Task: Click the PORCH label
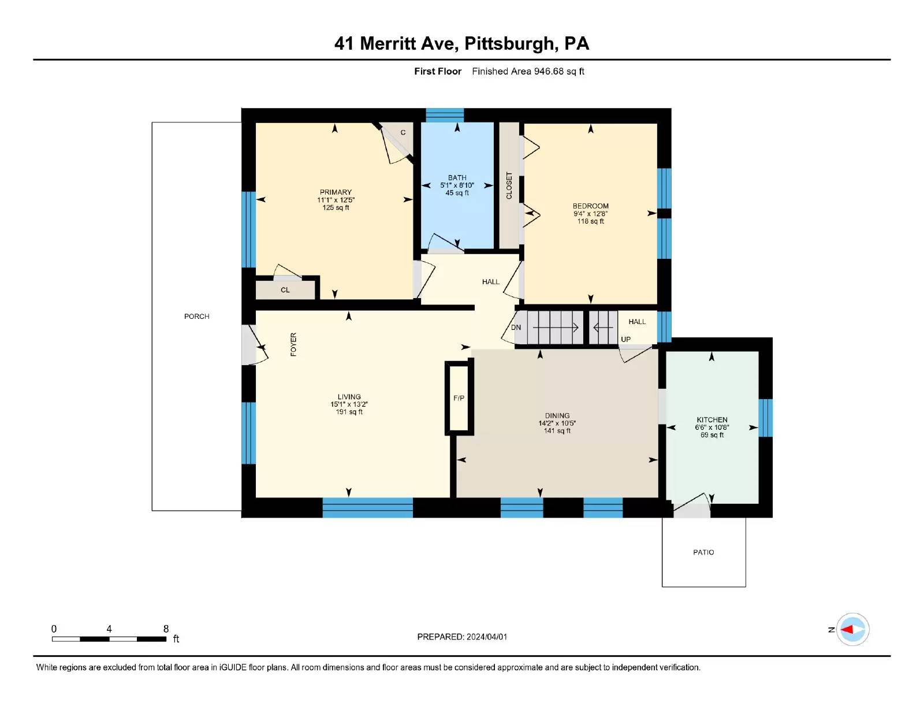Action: (196, 317)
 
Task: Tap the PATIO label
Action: (703, 552)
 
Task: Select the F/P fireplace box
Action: (459, 399)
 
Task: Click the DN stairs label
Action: (516, 328)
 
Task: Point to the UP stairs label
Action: (625, 339)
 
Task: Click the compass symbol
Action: (852, 630)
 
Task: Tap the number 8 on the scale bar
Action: (166, 629)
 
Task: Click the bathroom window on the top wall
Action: (444, 115)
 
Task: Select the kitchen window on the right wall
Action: (765, 418)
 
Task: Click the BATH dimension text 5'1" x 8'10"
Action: (457, 185)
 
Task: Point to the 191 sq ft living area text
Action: (349, 412)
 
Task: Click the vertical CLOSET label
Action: (509, 185)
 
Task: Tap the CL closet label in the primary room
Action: (285, 290)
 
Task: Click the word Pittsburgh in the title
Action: (509, 44)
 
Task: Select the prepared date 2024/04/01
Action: (486, 637)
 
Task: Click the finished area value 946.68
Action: (549, 72)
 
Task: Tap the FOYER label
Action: (293, 344)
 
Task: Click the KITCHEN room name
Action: (712, 420)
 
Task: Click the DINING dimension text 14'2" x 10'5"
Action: (557, 423)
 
